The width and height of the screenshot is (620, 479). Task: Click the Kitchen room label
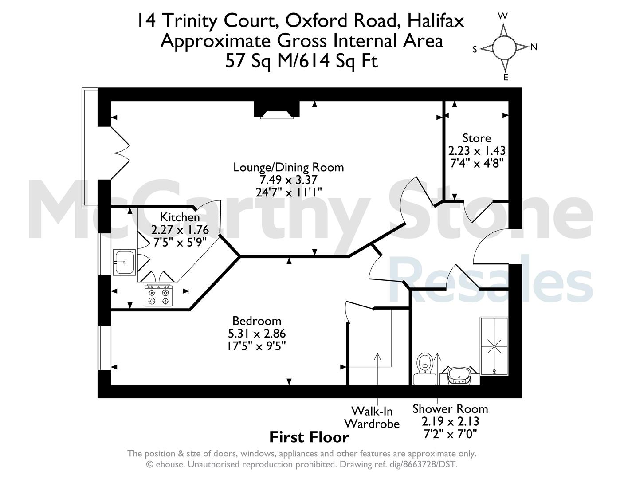pos(180,217)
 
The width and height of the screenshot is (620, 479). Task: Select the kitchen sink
pos(124,263)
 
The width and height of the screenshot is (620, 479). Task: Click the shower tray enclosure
pos(494,346)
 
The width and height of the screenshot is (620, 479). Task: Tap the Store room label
pos(476,138)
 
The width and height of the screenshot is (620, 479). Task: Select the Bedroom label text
pos(257,321)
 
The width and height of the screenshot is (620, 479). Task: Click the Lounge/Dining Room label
pos(288,168)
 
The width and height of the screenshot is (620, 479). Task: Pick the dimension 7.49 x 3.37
pos(288,180)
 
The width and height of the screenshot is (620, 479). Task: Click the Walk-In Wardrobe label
pos(372,417)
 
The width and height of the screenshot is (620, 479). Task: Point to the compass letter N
pos(534,47)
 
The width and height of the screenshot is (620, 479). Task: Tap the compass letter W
pos(503,16)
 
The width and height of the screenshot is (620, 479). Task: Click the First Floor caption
pos(309,437)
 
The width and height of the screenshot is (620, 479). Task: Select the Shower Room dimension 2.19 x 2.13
pos(451,421)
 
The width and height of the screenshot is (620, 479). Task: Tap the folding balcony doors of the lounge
pos(120,153)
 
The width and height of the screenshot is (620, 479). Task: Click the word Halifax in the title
pos(436,20)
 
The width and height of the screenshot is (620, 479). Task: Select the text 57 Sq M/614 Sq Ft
pos(302,61)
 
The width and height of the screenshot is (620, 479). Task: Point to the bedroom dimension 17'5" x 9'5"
pos(257,346)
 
